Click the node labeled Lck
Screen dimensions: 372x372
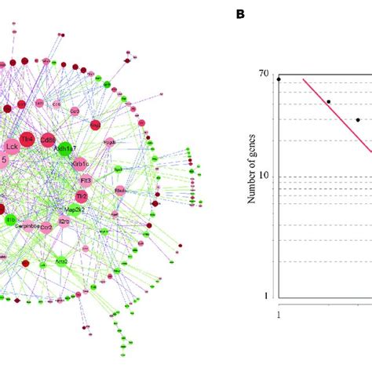point(12,146)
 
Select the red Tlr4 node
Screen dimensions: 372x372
point(27,139)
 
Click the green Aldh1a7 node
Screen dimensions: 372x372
point(65,148)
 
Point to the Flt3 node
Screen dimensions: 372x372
point(86,181)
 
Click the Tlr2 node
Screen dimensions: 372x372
point(81,195)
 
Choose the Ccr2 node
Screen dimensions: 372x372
point(46,227)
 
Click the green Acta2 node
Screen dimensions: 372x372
point(61,261)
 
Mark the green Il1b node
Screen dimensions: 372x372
point(10,221)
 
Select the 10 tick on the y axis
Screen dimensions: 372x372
point(264,176)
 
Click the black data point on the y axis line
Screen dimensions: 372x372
point(279,79)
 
